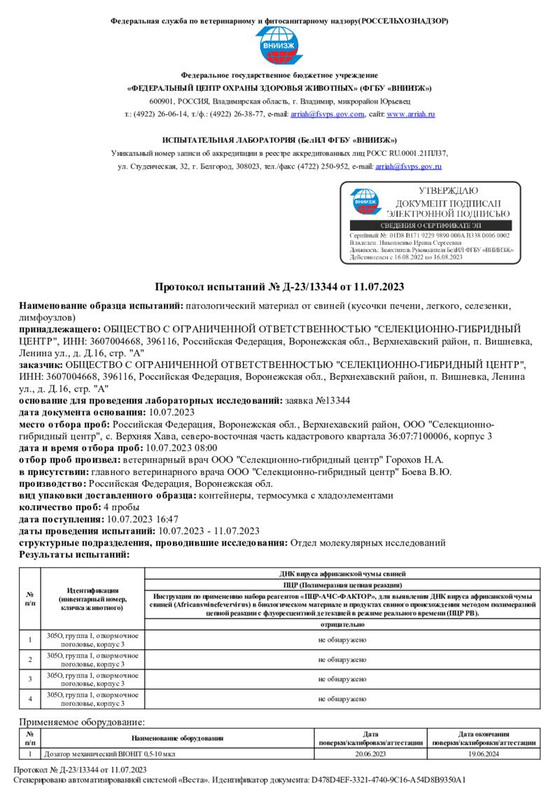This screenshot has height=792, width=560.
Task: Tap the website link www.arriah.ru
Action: point(411,114)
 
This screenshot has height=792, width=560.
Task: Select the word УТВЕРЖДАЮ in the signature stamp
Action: point(448,190)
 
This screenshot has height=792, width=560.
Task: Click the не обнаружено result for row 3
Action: point(342,679)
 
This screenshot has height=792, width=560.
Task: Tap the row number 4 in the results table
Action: point(30,698)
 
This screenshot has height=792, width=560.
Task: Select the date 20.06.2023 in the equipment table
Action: point(370,754)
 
